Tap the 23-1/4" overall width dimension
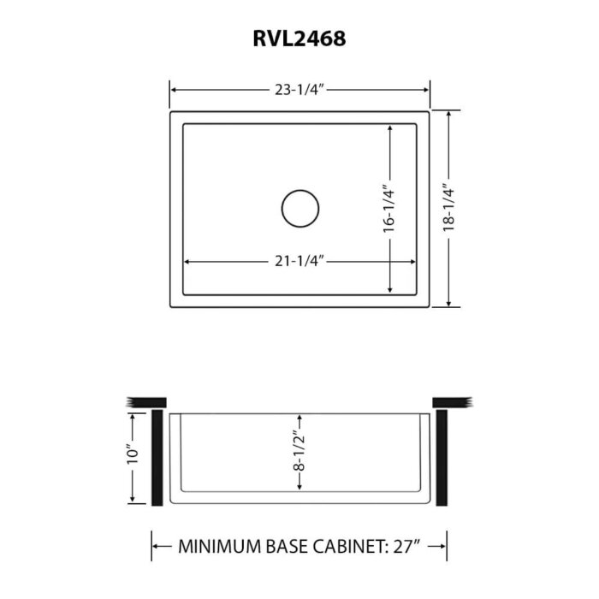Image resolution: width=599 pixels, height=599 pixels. [x=299, y=89]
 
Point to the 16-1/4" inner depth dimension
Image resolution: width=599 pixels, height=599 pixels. [x=389, y=209]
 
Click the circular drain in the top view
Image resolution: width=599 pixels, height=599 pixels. [x=300, y=209]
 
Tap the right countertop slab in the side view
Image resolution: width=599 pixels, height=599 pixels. [x=453, y=403]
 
